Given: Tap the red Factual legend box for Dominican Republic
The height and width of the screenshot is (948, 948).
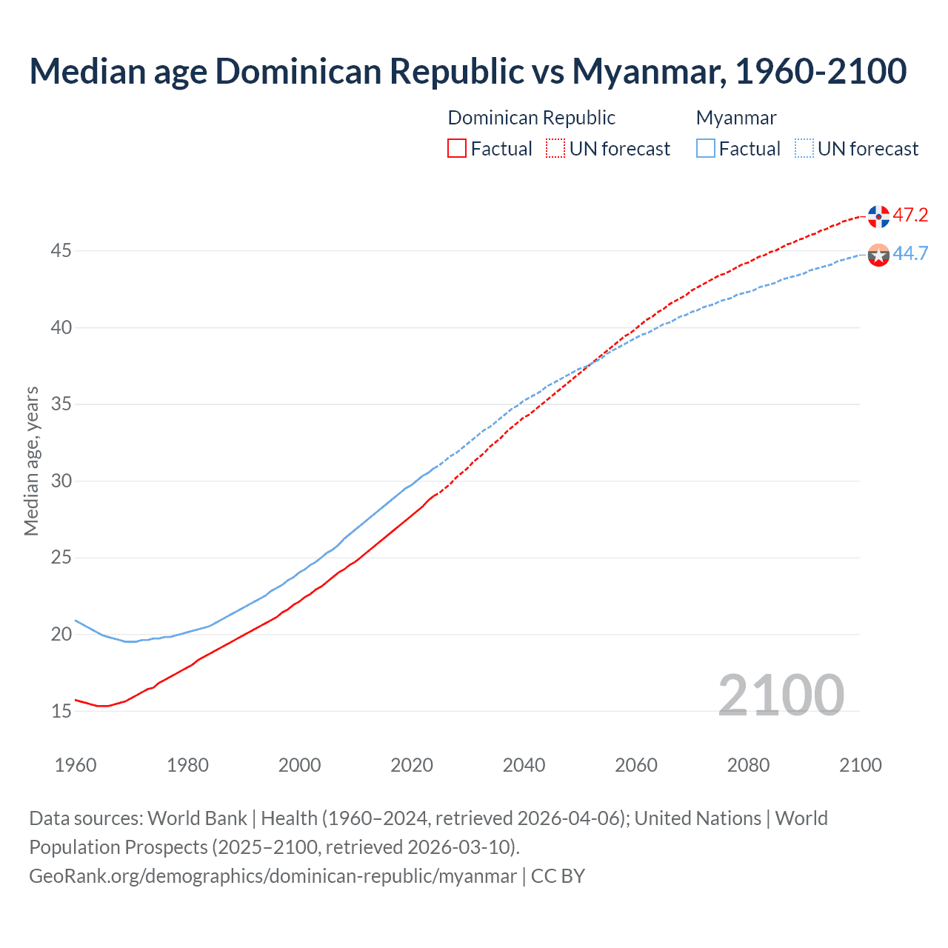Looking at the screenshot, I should (457, 148).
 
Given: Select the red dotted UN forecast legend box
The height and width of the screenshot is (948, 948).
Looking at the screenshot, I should (555, 148).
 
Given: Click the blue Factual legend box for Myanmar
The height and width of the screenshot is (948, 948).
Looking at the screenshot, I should (706, 148).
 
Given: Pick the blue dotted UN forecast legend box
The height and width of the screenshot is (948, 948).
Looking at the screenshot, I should (804, 148).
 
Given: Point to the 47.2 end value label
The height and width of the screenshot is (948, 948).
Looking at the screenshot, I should (910, 216).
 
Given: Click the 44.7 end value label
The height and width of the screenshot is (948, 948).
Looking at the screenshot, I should (910, 254).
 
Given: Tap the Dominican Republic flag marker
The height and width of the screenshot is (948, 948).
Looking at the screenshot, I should (878, 216).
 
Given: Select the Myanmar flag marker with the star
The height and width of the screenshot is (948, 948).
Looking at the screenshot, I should (878, 256).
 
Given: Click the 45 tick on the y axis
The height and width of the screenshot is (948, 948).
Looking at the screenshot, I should (61, 251).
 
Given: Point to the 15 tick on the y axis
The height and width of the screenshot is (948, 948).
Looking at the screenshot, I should (61, 711).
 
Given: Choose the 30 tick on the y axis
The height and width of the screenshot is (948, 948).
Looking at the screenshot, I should (61, 481).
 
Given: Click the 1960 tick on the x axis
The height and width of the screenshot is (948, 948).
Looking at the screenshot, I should (76, 765).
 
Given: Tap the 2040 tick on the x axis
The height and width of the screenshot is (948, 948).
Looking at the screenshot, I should (524, 765).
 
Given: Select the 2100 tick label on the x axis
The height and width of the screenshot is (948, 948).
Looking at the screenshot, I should (861, 765).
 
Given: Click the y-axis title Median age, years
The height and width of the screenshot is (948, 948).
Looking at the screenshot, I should (31, 461).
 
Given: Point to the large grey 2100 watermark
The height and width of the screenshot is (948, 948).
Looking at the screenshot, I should (781, 695).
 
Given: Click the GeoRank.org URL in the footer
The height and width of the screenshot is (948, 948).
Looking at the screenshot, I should (273, 876).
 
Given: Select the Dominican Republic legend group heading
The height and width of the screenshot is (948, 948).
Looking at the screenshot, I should (531, 118).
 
